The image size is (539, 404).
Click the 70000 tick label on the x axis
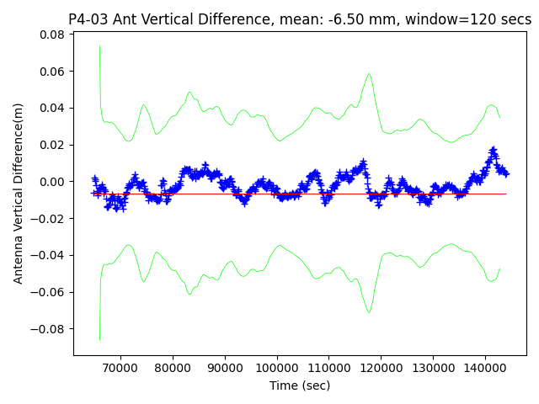click(x=120, y=368)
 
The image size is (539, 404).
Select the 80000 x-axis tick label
click(x=173, y=368)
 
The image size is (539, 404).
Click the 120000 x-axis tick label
click(x=382, y=368)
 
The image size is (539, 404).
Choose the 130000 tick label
click(x=434, y=368)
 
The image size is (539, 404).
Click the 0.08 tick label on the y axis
click(x=54, y=35)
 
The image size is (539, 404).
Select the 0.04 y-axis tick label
click(x=54, y=108)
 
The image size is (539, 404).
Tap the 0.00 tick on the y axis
click(x=54, y=182)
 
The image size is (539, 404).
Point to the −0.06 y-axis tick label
click(x=51, y=292)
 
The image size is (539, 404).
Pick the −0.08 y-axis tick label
click(x=51, y=329)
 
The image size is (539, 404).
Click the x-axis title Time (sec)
click(x=300, y=385)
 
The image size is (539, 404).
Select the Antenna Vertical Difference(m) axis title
click(x=19, y=193)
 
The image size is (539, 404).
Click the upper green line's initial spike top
click(x=99, y=45)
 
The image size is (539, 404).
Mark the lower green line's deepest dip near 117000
click(x=369, y=312)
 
